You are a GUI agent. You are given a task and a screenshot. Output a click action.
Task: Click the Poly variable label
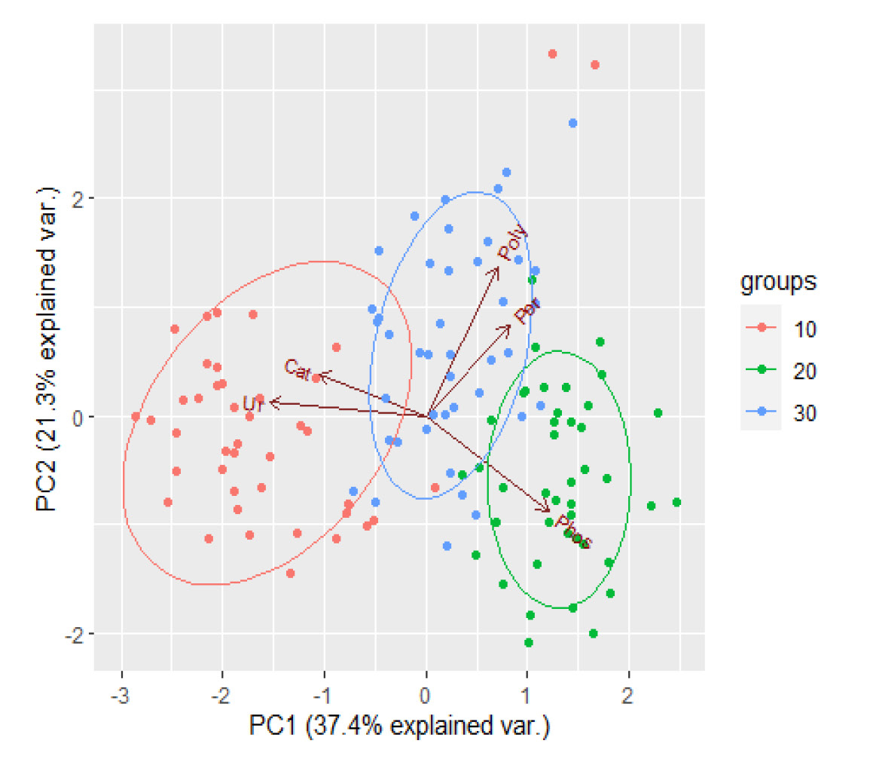tap(513, 245)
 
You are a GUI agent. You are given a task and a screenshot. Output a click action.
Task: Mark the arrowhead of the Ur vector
tap(271, 403)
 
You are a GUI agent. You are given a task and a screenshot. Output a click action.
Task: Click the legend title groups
tap(778, 283)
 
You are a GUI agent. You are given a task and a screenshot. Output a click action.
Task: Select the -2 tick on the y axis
tap(76, 634)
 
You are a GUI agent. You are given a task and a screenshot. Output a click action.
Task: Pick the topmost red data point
tap(552, 54)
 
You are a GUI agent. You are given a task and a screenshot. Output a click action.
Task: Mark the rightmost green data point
tap(676, 502)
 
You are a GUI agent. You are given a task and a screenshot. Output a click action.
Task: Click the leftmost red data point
tap(136, 416)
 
